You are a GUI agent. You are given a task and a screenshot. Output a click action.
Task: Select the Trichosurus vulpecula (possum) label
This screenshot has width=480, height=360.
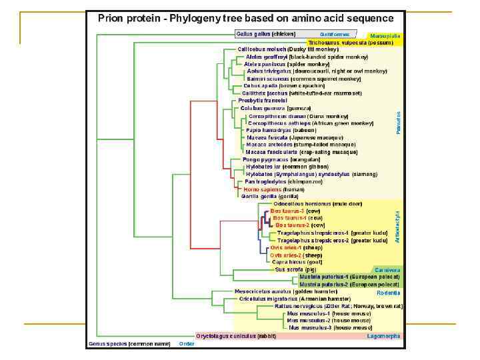(x=351, y=43)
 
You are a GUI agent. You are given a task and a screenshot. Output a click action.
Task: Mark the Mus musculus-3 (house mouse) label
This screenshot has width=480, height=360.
(x=330, y=327)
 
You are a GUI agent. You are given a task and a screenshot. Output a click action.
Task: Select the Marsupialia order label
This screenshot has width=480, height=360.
(x=385, y=36)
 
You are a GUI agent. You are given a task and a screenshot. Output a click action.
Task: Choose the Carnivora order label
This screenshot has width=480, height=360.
(x=387, y=270)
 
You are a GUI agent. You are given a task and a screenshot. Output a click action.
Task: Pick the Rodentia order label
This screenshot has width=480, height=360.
(x=389, y=292)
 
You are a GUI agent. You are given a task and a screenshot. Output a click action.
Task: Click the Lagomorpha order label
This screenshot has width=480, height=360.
(x=384, y=336)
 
